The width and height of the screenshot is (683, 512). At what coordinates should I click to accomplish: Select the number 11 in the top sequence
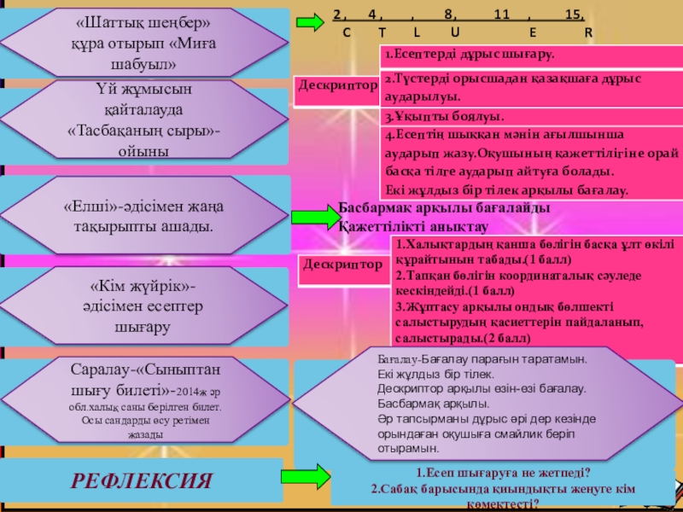pyautogui.click(x=501, y=15)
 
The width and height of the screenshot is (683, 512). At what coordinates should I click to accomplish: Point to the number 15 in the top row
pyautogui.click(x=575, y=15)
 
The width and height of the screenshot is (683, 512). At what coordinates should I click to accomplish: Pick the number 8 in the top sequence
pyautogui.click(x=449, y=15)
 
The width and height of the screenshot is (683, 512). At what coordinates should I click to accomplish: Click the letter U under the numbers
pyautogui.click(x=454, y=32)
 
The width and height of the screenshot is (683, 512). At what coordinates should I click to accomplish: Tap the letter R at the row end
pyautogui.click(x=588, y=33)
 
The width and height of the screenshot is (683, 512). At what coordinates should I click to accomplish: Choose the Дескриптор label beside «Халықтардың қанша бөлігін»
pyautogui.click(x=341, y=265)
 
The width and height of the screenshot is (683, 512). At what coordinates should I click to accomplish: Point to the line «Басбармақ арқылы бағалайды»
pyautogui.click(x=444, y=207)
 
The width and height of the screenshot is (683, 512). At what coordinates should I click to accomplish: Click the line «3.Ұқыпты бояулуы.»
pyautogui.click(x=444, y=116)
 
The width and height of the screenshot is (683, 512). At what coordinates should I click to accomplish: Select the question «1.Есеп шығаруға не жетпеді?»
pyautogui.click(x=504, y=472)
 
